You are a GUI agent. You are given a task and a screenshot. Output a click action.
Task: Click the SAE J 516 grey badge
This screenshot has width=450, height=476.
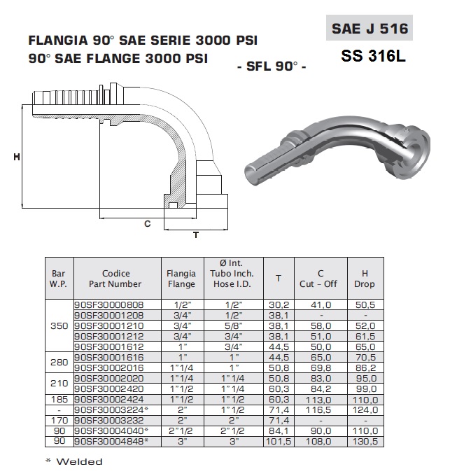tap(370, 28)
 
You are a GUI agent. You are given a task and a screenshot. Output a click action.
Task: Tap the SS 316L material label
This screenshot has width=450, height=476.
tap(373, 56)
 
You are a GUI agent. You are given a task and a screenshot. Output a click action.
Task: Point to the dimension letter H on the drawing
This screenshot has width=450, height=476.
tap(17, 157)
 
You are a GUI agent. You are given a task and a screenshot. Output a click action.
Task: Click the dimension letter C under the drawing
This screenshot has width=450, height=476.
tap(147, 224)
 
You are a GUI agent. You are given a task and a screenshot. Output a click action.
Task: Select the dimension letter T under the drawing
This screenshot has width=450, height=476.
tap(196, 235)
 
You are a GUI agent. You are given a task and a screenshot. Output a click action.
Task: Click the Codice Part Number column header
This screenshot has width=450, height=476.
tap(115, 279)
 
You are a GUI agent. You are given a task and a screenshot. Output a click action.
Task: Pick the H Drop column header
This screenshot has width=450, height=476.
tap(365, 279)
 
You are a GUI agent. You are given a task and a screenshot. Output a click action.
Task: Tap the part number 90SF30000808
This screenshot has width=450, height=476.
tap(109, 304)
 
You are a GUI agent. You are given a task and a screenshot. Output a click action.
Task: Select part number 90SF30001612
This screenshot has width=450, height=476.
tap(109, 346)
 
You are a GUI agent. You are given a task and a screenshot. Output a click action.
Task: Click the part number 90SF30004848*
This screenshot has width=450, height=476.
tap(111, 441)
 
